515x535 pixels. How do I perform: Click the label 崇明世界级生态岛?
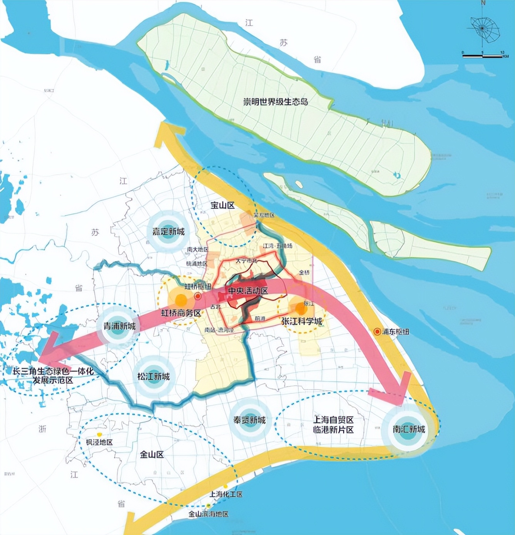coord(275,102)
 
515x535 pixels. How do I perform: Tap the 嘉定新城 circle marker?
coord(168,232)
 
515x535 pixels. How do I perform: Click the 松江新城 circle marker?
coord(153,376)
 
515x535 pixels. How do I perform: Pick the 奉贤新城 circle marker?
coord(249,420)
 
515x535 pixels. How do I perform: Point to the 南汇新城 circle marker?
coord(408,430)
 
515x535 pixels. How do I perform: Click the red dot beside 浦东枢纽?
coord(377,331)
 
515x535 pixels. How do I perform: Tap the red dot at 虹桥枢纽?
coord(198,296)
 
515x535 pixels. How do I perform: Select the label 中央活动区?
coord(248,291)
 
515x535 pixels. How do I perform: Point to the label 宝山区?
coord(222,205)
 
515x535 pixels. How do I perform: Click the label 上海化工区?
coord(226,494)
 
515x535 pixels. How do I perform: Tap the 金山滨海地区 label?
coord(208,514)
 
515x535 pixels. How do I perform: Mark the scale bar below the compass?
coord(483,56)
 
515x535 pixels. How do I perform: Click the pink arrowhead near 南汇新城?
coord(393,389)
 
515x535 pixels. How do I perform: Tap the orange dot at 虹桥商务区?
coord(181,299)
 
